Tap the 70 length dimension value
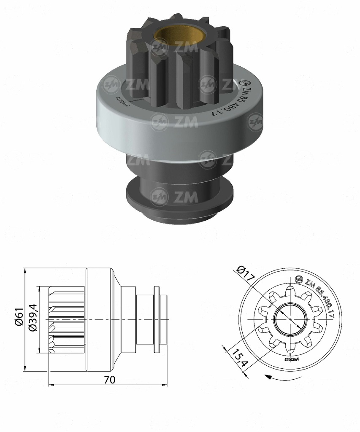109,379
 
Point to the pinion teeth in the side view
66,319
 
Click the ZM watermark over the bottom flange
176,196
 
